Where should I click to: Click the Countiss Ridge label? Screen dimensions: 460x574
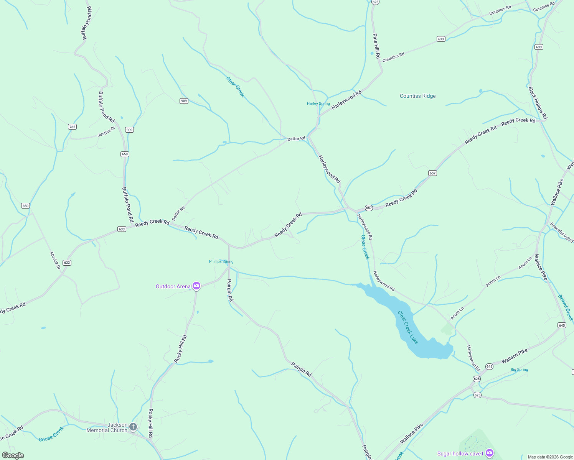point(417,96)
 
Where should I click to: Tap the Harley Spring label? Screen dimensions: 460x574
point(318,103)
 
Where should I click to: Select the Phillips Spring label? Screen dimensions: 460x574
point(221,261)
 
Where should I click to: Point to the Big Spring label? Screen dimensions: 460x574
point(519,370)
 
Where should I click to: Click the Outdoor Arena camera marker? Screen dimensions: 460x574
point(196,286)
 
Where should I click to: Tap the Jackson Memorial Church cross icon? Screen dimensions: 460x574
point(133,427)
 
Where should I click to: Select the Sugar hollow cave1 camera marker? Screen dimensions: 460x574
point(489,453)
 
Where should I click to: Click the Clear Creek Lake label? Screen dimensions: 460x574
point(407,327)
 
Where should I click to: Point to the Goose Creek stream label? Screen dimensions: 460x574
point(51,434)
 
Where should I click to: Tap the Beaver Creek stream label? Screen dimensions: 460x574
point(566,307)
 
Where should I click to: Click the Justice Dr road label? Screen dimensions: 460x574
point(106,131)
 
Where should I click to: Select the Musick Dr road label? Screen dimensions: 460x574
point(55,260)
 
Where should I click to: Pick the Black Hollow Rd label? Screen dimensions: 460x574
point(538,103)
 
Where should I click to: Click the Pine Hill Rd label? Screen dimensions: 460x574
point(376,46)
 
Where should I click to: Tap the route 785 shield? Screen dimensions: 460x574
point(72,127)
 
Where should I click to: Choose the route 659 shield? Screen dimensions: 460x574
point(125,154)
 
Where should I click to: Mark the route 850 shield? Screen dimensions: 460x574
point(25,205)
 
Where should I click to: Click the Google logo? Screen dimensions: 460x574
point(13,455)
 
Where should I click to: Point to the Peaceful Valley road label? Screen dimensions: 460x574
point(562,232)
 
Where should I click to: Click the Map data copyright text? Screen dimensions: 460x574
point(550,457)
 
